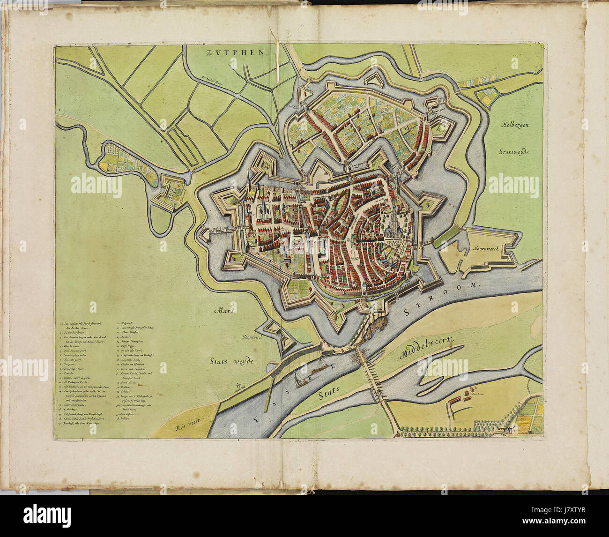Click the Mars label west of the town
(x=224, y=311)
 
